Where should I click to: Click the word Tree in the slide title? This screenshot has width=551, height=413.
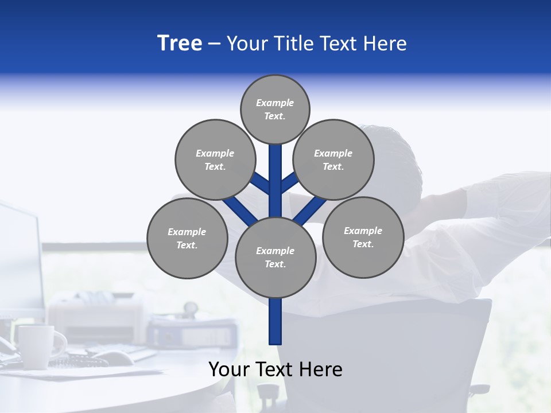tap(180, 44)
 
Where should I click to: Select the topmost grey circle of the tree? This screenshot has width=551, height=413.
tap(275, 110)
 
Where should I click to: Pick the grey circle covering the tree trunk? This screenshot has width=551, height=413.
tap(275, 258)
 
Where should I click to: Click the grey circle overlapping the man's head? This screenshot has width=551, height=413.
tap(333, 160)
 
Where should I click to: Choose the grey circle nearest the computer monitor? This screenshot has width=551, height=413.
tap(187, 239)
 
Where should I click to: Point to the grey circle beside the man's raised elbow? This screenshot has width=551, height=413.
tap(363, 237)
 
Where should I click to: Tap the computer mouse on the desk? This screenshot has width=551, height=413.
tap(115, 358)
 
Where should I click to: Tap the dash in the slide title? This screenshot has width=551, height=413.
tap(214, 44)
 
